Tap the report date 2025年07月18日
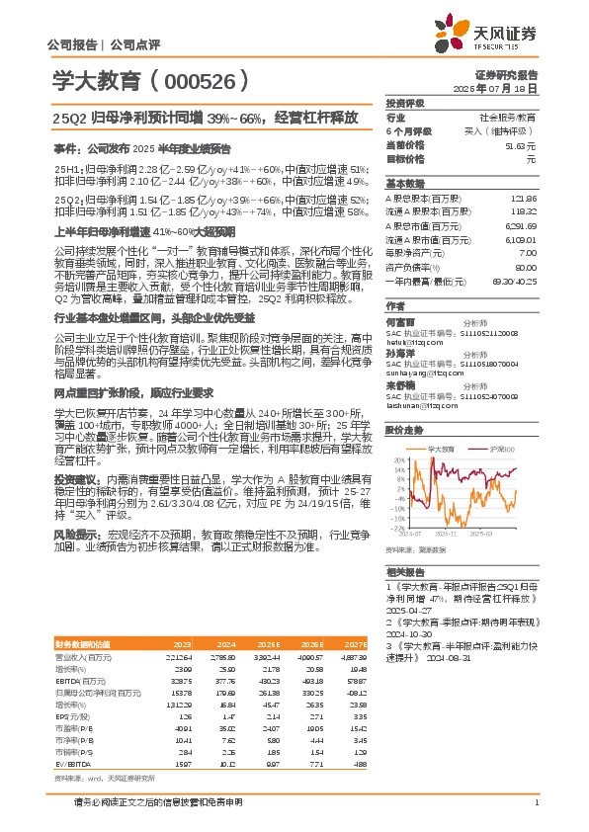[x=508, y=88]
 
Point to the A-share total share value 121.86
[x=523, y=199]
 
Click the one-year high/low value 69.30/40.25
[x=516, y=281]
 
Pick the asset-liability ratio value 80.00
[x=526, y=267]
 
